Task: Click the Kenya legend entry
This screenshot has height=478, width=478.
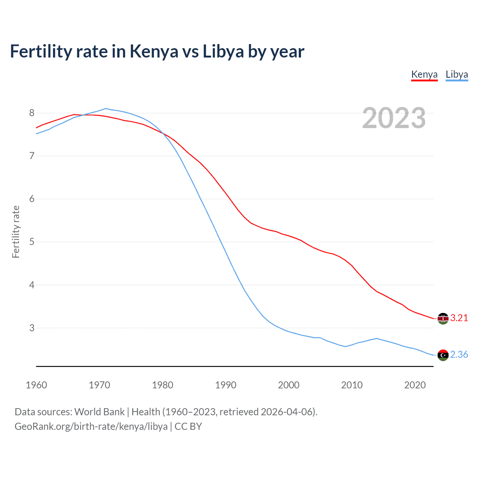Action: click(424, 74)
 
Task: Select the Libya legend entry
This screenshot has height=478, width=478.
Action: click(457, 74)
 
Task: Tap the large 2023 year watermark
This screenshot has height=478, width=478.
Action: click(394, 118)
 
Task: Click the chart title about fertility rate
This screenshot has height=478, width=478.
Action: click(157, 51)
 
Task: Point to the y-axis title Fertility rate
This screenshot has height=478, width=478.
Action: click(16, 232)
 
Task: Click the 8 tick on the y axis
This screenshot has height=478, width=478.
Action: click(32, 113)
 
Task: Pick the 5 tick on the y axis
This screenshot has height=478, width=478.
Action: click(32, 242)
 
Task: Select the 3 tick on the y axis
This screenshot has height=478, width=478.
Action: click(32, 328)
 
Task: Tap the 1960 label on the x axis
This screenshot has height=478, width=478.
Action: click(36, 385)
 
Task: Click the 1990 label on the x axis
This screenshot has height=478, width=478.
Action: click(226, 385)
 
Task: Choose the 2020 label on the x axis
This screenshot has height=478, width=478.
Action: click(415, 385)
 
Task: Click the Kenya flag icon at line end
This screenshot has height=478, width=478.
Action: click(443, 319)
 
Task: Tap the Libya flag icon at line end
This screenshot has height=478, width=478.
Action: click(443, 355)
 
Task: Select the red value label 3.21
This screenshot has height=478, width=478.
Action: click(459, 318)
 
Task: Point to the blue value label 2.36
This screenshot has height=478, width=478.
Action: click(459, 354)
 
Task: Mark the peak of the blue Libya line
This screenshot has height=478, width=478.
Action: click(105, 109)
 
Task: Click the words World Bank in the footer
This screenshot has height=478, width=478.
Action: click(99, 412)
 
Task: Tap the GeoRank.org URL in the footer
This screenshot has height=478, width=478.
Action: click(91, 426)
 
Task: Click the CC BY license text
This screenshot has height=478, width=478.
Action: click(188, 426)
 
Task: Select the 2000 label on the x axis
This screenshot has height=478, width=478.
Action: click(289, 385)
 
